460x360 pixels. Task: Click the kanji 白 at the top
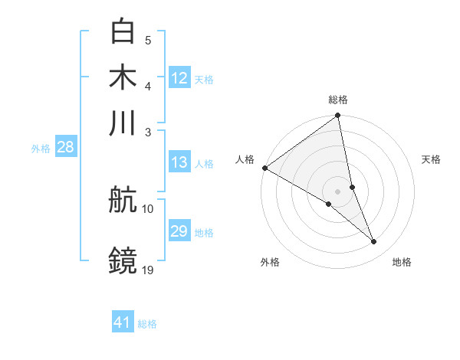123,31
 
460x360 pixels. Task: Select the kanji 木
123,77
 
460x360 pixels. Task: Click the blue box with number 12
179,78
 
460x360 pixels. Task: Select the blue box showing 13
179,162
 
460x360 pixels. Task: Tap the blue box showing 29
179,231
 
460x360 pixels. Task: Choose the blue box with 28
65,148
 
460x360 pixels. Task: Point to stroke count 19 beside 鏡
148,269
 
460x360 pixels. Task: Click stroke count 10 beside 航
148,208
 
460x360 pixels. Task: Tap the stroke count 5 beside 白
148,40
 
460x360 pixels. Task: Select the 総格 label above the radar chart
338,100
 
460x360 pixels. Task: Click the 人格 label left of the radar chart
245,159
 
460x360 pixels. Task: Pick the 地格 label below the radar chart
402,262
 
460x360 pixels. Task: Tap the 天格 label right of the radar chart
431,159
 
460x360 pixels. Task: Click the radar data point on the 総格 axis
338,116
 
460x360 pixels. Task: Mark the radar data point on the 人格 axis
264,168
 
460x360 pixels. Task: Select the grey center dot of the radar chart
338,191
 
